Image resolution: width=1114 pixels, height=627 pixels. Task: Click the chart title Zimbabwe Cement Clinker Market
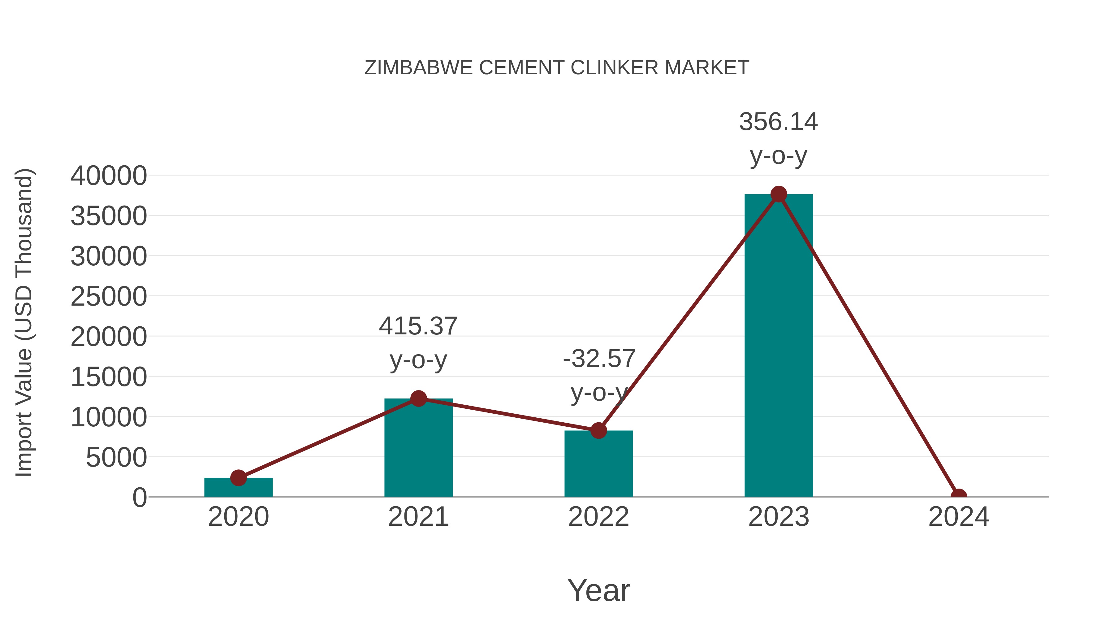pos(557,68)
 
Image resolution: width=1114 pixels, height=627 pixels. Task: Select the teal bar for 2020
pos(238,488)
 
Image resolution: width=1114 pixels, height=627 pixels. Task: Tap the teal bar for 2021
pos(418,450)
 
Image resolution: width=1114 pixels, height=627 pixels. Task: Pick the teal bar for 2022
pos(598,465)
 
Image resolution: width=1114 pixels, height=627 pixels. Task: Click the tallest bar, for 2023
pos(779,346)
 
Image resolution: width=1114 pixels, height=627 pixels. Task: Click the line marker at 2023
pos(779,194)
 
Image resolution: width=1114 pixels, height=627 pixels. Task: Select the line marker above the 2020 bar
pos(238,478)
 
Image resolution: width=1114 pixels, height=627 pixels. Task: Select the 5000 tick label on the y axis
pos(116,457)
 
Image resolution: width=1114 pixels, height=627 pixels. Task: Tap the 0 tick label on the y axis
pos(140,497)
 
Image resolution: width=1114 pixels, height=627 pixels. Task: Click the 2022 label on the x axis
pos(598,517)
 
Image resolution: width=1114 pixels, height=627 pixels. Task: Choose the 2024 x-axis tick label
pos(959,517)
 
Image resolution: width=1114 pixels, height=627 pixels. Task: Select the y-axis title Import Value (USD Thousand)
pos(24,322)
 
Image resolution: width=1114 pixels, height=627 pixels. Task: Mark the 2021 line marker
pos(418,398)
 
